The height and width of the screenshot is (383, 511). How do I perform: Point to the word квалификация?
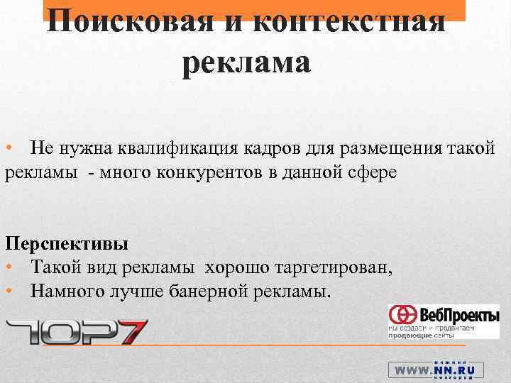pos(189,150)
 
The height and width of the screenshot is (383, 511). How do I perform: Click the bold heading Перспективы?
pos(67,244)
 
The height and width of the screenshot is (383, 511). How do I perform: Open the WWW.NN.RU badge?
pos(435,370)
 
